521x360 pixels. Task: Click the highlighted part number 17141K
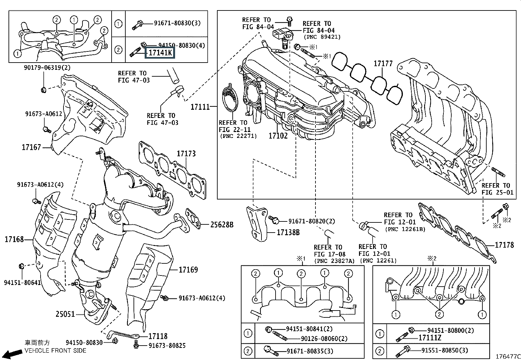point(160,53)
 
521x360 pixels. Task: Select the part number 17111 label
point(200,107)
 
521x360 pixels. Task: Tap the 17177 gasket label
point(383,64)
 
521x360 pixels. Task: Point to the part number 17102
point(278,136)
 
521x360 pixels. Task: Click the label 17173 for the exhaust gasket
point(186,154)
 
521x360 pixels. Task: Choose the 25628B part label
point(222,225)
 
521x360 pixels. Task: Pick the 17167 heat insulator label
point(31,147)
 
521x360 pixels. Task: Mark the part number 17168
point(14,239)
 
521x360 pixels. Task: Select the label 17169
point(188,270)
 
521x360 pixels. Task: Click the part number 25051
point(65,314)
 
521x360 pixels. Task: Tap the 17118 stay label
point(158,336)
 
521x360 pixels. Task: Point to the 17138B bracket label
point(288,233)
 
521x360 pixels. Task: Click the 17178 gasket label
point(504,245)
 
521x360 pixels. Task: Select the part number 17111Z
point(430,337)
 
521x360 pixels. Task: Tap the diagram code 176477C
point(508,356)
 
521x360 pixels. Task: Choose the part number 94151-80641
point(22,282)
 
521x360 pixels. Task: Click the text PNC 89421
point(322,37)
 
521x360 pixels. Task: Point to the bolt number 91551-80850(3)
point(444,351)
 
